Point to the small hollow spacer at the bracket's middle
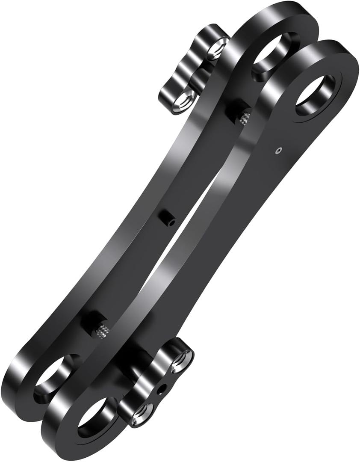[x=168, y=218]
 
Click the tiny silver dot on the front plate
[x=279, y=150]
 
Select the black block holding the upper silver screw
[x=236, y=110]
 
